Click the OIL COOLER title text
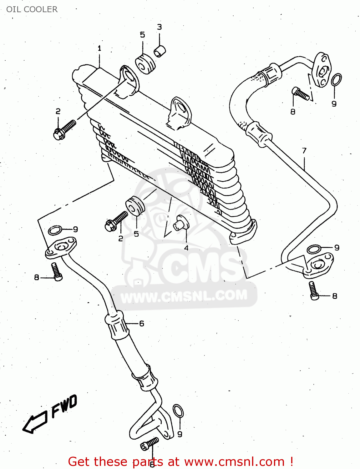pyautogui.click(x=32, y=9)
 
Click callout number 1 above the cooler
pyautogui.click(x=99, y=48)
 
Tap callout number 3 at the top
pyautogui.click(x=160, y=27)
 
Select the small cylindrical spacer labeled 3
pyautogui.click(x=160, y=51)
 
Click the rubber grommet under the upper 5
pyautogui.click(x=145, y=64)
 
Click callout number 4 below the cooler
pyautogui.click(x=186, y=248)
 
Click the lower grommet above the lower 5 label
pyautogui.click(x=135, y=206)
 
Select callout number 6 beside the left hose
pyautogui.click(x=142, y=324)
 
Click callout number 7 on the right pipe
pyautogui.click(x=304, y=150)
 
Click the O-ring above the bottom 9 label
pyautogui.click(x=178, y=410)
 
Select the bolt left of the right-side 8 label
pyautogui.click(x=313, y=290)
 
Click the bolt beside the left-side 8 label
pyautogui.click(x=57, y=271)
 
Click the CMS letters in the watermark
pyautogui.click(x=200, y=266)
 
